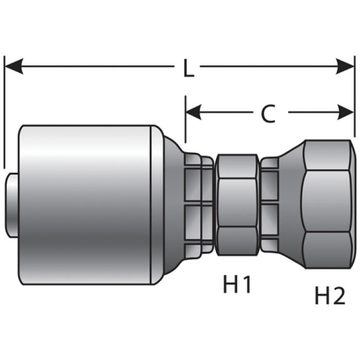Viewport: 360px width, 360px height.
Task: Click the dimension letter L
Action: tap(189, 68)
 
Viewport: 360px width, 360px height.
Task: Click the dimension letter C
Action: tap(268, 114)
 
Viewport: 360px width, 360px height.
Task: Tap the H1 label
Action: tap(237, 284)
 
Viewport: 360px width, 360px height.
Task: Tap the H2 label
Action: tap(330, 296)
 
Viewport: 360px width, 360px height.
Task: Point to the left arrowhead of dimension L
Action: tap(14, 66)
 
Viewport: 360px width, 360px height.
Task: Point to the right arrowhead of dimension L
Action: tap(345, 66)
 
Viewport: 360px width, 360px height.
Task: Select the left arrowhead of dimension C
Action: tap(193, 112)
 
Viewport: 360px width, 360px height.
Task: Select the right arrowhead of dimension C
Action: tap(346, 112)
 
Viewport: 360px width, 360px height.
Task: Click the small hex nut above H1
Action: tap(238, 205)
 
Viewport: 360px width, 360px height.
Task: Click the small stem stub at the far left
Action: tap(12, 205)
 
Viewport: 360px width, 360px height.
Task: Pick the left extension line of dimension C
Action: tap(186, 119)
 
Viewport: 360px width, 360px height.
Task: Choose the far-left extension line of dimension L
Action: tap(4, 112)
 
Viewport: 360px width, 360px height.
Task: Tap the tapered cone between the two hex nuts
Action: tap(291, 204)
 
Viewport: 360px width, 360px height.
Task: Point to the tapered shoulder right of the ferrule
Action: tap(174, 205)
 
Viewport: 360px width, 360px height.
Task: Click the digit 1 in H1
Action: tap(246, 284)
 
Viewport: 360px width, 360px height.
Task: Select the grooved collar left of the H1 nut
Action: tap(199, 204)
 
